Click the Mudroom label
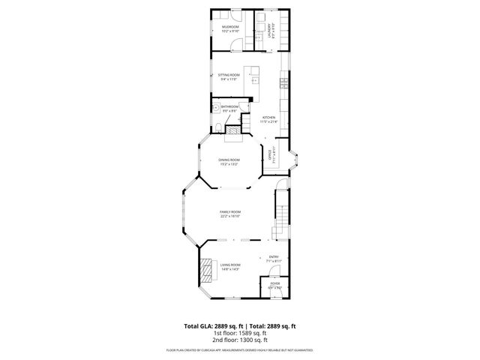pos(230,28)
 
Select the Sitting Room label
pos(229,76)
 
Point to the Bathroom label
pos(229,108)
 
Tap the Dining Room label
pos(229,160)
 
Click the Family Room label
pos(229,214)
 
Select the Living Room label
pos(229,266)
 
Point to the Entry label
pos(274,259)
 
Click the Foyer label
pos(275,285)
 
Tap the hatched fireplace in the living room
pos(205,267)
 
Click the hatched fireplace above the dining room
pos(235,130)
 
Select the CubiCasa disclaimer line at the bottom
pos(240,350)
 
